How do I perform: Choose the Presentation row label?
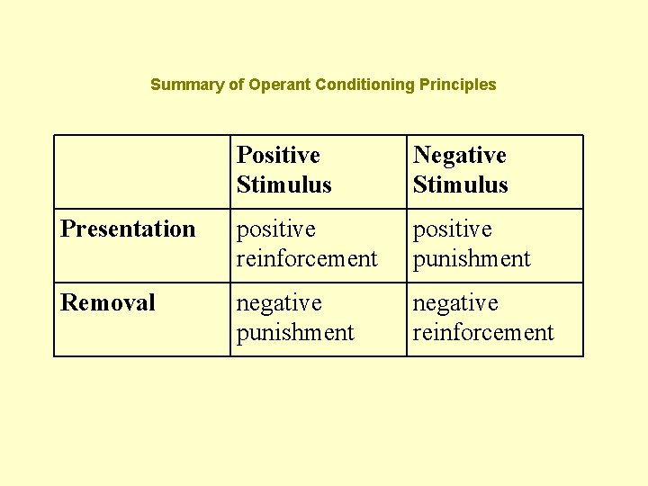point(128,229)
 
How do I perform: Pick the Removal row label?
point(108,303)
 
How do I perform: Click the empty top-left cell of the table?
point(141,172)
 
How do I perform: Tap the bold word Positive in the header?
point(278,156)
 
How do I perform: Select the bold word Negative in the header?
point(459,156)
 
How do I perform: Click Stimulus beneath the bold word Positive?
point(283,185)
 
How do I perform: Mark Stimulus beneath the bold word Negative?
point(460,185)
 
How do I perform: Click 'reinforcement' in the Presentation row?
point(307,259)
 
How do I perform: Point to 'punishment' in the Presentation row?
point(472,259)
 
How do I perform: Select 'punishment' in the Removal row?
point(295,333)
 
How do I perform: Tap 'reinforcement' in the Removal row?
point(483,333)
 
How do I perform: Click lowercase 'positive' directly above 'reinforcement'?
point(276,229)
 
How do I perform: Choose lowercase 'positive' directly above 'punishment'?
point(453,229)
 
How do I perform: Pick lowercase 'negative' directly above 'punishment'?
point(279,303)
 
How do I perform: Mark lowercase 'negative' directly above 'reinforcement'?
point(455,303)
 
